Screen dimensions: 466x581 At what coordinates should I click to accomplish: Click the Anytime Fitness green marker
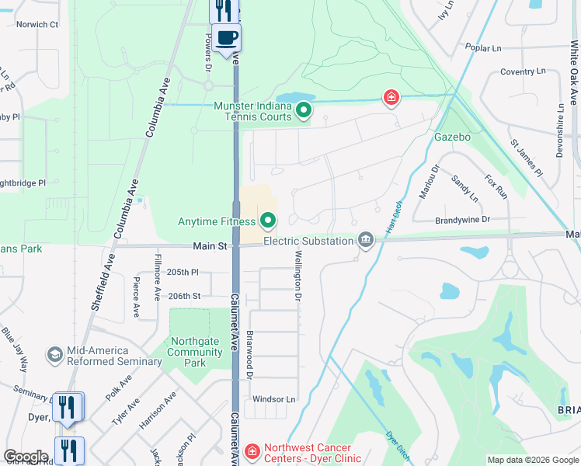click(x=268, y=222)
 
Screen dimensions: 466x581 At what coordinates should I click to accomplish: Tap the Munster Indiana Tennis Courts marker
click(x=304, y=112)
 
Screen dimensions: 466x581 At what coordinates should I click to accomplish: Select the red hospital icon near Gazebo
click(x=392, y=97)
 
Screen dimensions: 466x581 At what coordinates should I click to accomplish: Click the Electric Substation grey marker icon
click(x=365, y=240)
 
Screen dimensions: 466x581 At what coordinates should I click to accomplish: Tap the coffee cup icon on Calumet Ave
click(x=226, y=38)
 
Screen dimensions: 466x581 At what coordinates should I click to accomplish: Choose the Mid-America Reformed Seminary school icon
click(x=54, y=355)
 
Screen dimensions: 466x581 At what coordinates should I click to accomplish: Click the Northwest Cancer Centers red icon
click(x=252, y=451)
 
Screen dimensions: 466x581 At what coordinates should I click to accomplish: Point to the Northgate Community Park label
click(x=196, y=357)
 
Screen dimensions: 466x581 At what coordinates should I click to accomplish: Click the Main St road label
click(x=210, y=246)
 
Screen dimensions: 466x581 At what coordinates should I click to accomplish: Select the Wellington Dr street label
click(x=297, y=275)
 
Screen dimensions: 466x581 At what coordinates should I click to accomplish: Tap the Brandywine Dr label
click(x=462, y=220)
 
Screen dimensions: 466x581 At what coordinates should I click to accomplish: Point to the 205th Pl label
click(x=183, y=273)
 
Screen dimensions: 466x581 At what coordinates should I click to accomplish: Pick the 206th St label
click(x=184, y=296)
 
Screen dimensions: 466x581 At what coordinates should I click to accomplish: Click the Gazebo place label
click(x=453, y=137)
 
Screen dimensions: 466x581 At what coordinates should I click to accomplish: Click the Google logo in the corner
click(x=26, y=457)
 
